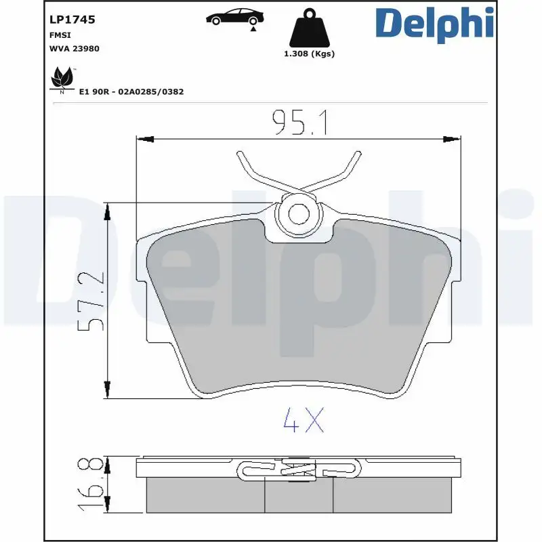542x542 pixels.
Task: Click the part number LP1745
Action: click(72, 20)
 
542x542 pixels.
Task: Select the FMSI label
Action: click(60, 35)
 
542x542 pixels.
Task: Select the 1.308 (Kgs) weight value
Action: click(309, 54)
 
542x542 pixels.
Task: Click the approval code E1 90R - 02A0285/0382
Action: click(131, 91)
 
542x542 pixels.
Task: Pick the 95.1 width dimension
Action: click(299, 123)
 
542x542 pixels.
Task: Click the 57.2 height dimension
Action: click(93, 301)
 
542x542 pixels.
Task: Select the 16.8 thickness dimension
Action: click(93, 486)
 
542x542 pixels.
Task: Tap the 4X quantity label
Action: click(304, 421)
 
